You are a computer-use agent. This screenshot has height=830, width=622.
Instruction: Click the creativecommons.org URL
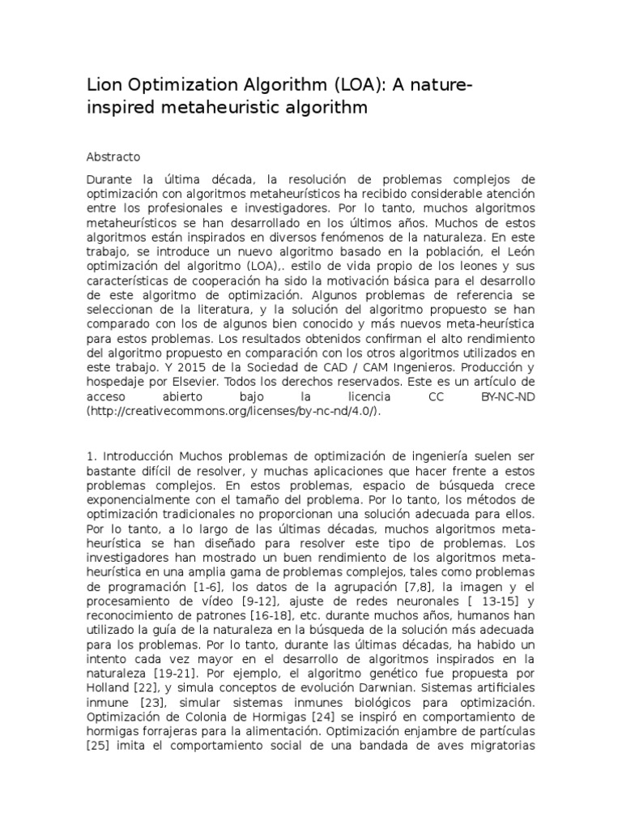point(233,412)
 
